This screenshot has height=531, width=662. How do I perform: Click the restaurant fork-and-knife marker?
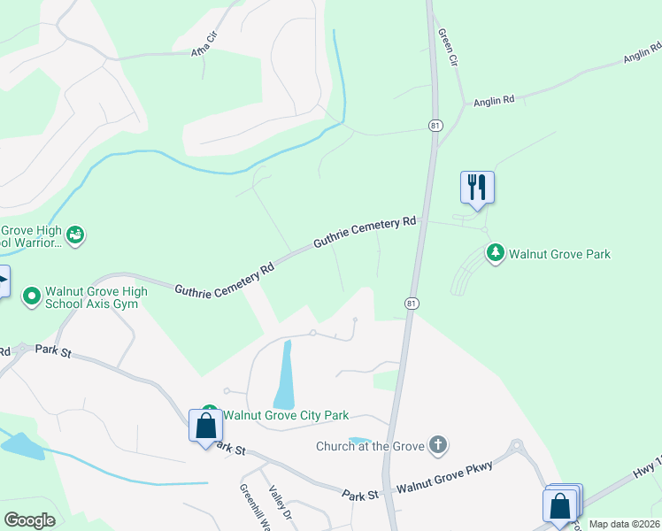pyautogui.click(x=477, y=187)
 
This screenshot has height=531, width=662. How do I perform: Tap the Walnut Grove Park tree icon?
pyautogui.click(x=496, y=254)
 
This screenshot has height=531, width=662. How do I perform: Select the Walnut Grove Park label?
pyautogui.click(x=559, y=255)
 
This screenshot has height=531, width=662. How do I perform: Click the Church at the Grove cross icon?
pyautogui.click(x=437, y=445)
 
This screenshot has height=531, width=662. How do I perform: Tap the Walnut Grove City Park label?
pyautogui.click(x=285, y=415)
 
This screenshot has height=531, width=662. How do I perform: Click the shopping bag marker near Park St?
pyautogui.click(x=205, y=426)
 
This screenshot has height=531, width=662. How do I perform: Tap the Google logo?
pyautogui.click(x=29, y=520)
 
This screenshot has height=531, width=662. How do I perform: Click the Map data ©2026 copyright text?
pyautogui.click(x=624, y=524)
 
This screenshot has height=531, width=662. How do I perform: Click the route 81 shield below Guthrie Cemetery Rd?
pyautogui.click(x=412, y=304)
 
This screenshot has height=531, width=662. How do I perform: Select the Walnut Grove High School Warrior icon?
pyautogui.click(x=76, y=235)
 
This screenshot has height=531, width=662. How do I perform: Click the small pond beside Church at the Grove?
pyautogui.click(x=359, y=440)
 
